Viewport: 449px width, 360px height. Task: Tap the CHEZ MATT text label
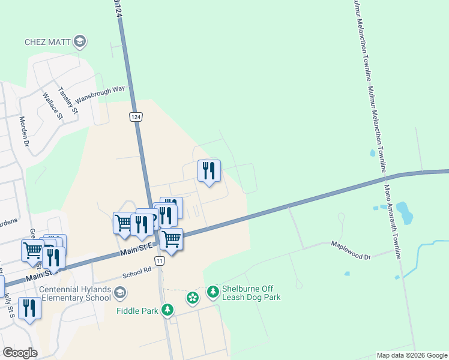coord(47,42)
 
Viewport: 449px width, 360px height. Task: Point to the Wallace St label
coord(52,104)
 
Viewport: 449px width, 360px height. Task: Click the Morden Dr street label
coord(25,131)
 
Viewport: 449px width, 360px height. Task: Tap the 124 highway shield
coord(137,116)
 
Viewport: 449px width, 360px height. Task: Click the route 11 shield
coord(159,260)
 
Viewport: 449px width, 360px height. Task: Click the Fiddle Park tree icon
coord(167,310)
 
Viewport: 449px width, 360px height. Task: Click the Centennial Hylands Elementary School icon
coord(119,293)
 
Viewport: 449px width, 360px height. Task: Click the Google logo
coord(20,353)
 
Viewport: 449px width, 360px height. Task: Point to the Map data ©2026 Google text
coord(412,355)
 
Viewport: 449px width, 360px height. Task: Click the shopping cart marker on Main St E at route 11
coord(172,239)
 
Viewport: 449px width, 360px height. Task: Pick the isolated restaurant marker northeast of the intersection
coord(209,171)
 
